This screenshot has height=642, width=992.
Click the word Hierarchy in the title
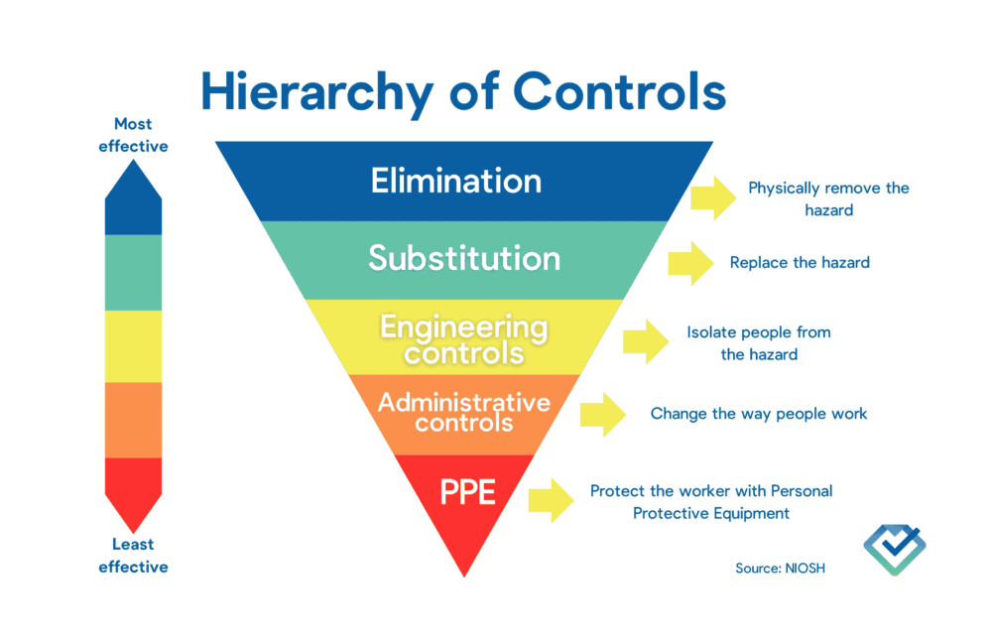[x=316, y=92]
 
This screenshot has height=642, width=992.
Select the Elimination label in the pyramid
[x=456, y=181]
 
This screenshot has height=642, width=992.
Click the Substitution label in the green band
[x=464, y=258]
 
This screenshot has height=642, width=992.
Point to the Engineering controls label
[x=464, y=338]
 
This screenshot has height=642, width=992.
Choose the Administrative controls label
[x=464, y=412]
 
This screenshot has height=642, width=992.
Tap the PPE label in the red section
[x=467, y=491]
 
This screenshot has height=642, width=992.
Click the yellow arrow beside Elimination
[x=713, y=198]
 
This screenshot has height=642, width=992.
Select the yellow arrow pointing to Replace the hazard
[x=691, y=264]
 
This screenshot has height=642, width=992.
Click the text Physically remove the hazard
[x=828, y=198]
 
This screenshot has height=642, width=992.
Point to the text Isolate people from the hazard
[x=759, y=342]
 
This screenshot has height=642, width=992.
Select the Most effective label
[x=133, y=135]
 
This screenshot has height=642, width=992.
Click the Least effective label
[x=133, y=556]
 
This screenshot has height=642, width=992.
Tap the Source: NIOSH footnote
[x=780, y=569]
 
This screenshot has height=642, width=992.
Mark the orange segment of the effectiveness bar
[x=133, y=420]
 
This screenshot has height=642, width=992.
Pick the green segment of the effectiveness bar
[x=133, y=272]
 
